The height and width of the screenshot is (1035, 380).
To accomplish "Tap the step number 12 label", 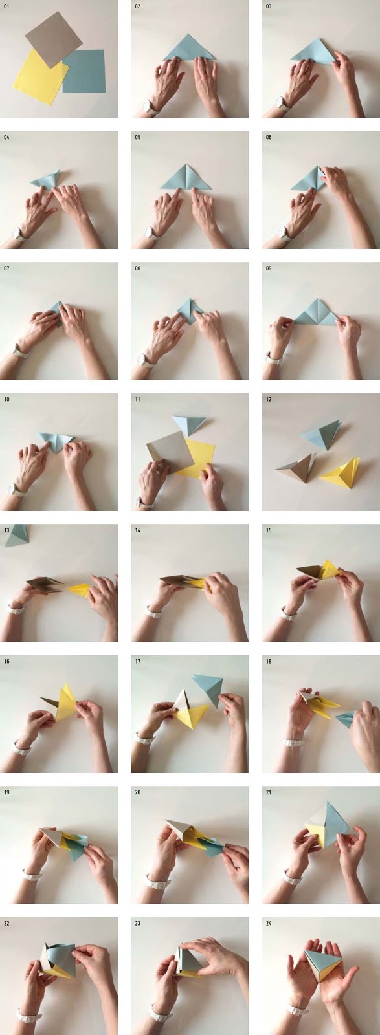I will click(x=269, y=399).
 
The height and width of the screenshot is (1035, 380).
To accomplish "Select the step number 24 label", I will click(x=269, y=923).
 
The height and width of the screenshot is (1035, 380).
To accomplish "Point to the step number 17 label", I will click(x=138, y=661).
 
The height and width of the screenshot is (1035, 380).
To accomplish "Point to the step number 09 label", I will click(x=269, y=268).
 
